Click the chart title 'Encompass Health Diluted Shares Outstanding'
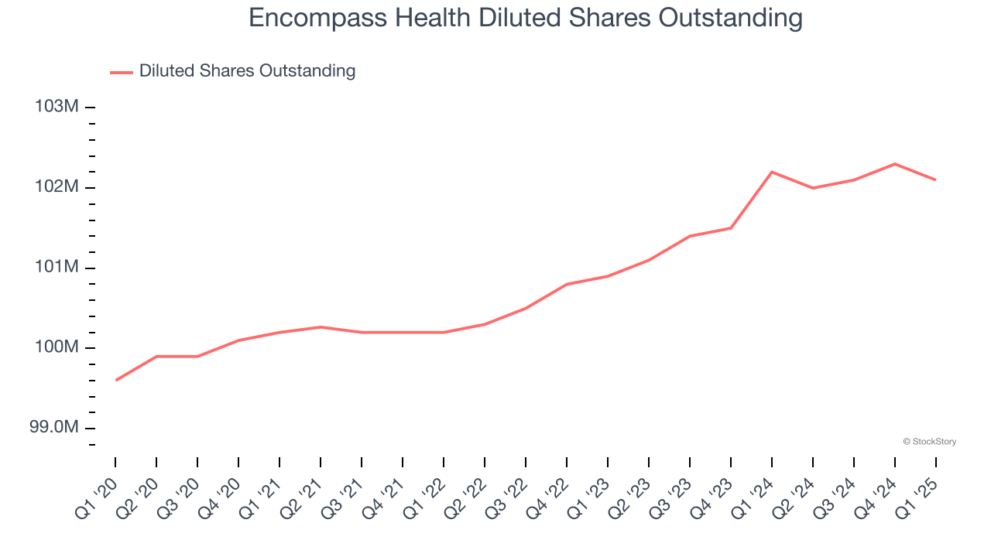coord(526,18)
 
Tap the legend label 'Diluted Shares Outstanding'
coord(247,71)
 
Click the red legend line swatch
coord(122,72)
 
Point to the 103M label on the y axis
coord(57,107)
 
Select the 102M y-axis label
coord(57,187)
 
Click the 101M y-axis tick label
coord(57,268)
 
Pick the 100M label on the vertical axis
coord(57,348)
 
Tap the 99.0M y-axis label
coord(54,429)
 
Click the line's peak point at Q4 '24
coord(895,164)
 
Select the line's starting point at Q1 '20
coord(115,380)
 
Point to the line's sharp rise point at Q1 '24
coord(772,172)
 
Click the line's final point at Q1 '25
coord(936,180)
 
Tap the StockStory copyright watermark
coord(929,442)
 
